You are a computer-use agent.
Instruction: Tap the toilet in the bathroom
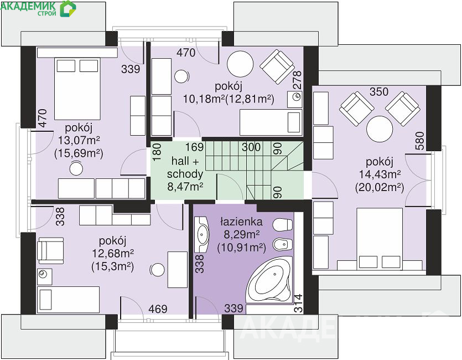[282, 225]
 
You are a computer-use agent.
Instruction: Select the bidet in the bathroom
[283, 244]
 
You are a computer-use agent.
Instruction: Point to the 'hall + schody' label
[185, 167]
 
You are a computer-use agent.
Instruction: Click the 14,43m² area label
[380, 174]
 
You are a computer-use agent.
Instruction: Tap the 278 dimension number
[297, 80]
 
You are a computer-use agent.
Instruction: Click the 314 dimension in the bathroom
[298, 303]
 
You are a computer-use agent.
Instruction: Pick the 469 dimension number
[158, 308]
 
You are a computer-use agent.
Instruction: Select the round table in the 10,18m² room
[240, 64]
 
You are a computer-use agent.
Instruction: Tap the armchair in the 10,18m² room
[277, 66]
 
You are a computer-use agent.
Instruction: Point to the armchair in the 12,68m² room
[50, 250]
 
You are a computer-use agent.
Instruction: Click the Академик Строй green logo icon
[68, 8]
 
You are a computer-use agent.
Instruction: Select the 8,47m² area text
[185, 187]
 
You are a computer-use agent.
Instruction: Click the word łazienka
[242, 222]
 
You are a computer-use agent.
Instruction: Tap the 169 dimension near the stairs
[194, 147]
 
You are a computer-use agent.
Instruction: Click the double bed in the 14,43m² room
[380, 238]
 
